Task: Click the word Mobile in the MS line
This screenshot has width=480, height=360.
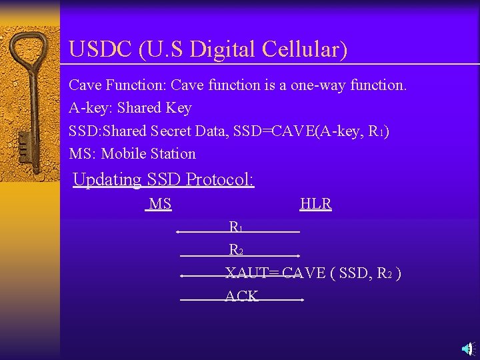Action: (x=124, y=153)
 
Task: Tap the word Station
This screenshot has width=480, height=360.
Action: (x=173, y=153)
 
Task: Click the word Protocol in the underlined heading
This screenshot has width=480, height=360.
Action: (x=220, y=180)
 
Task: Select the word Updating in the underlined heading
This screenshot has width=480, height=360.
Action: (x=107, y=180)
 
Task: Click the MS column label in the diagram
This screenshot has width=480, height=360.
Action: (x=159, y=204)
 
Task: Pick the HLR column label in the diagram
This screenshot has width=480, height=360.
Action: (x=316, y=204)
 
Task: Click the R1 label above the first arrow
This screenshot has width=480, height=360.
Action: (x=235, y=227)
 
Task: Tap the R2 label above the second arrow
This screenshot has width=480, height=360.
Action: (x=235, y=250)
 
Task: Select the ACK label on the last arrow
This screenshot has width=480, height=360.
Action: (x=241, y=296)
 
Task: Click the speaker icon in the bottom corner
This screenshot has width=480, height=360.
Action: (x=467, y=347)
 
